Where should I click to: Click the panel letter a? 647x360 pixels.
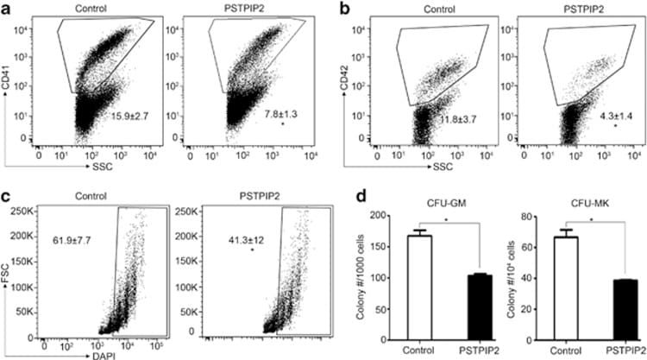(x=7, y=9)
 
